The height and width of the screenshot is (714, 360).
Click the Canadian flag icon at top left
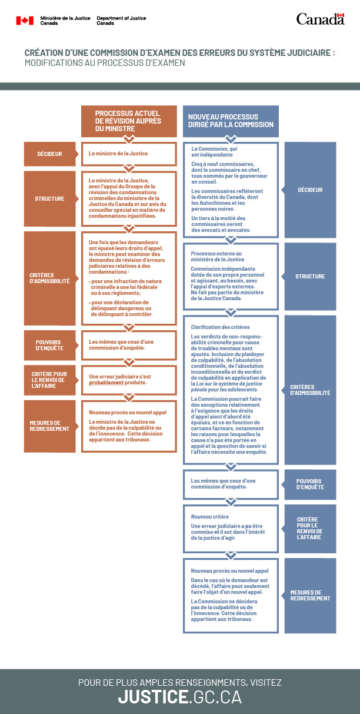pos(25,21)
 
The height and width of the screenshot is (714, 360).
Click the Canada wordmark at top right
pos(320,19)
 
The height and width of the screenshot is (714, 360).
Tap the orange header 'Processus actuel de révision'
pos(128,120)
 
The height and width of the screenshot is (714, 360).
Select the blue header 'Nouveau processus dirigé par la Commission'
pos(231,121)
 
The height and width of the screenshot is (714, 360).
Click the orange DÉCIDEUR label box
pos(49,154)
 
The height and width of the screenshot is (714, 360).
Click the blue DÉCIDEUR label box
pos(310,190)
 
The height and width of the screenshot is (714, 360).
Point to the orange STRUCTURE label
pos(49,198)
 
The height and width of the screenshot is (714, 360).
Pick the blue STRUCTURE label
pos(310,276)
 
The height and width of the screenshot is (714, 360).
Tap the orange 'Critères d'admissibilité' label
pos(49,277)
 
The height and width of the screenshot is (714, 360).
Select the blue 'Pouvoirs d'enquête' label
pos(310,484)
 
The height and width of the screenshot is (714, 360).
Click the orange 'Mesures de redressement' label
pos(49,426)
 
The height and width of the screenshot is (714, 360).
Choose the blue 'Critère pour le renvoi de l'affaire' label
pos(310,529)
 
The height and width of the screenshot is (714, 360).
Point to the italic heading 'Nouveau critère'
pos(209,516)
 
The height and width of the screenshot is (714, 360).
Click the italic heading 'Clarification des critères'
pos(220,327)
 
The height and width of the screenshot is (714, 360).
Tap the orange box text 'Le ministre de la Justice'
pos(118,154)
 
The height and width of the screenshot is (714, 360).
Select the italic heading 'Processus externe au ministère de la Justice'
pos(216,256)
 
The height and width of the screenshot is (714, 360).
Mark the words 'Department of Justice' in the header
pos(121,18)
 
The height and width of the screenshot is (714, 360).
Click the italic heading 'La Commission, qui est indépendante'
pos(214,152)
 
